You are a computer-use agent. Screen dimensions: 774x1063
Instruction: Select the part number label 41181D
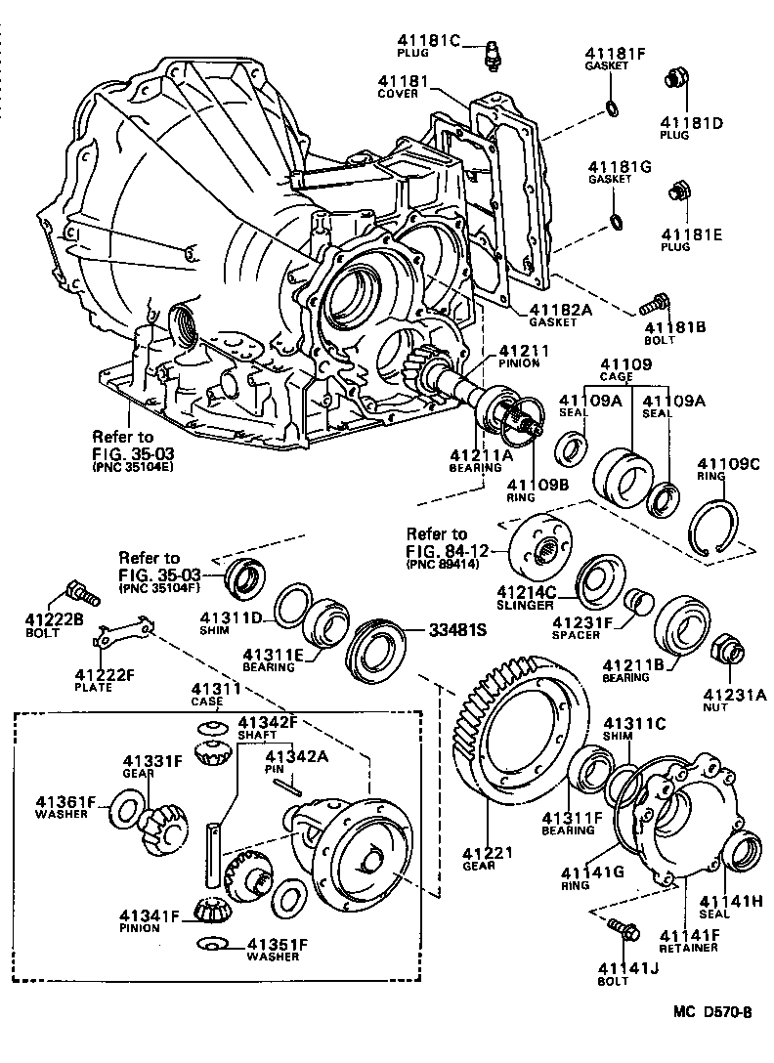point(691,123)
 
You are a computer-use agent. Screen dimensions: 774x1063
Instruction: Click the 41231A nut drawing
point(727,650)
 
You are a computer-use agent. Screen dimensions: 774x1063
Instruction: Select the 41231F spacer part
point(640,600)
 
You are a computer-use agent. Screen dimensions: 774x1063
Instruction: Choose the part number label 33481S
point(458,630)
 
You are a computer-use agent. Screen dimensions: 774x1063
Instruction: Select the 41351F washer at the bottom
point(212,944)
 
